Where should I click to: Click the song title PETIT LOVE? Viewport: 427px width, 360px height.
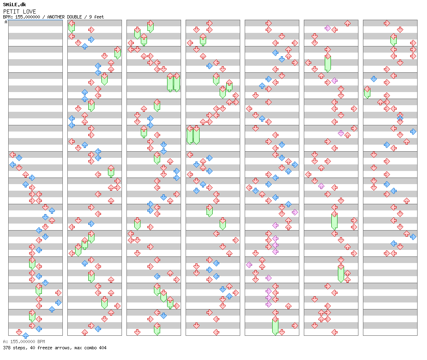[x=19, y=12]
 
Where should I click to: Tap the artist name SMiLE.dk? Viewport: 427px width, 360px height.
[x=14, y=5]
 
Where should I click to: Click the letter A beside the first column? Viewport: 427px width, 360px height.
[x=6, y=22]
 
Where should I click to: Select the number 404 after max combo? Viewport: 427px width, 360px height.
[x=102, y=348]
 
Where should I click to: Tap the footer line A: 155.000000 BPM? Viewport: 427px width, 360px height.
[x=24, y=342]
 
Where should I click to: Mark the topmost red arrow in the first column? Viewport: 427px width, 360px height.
[x=12, y=155]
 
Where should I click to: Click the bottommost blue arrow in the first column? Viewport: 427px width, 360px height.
[x=25, y=335]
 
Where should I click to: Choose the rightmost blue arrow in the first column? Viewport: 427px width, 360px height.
[x=58, y=302]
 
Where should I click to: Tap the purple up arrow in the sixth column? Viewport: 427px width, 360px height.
[x=321, y=186]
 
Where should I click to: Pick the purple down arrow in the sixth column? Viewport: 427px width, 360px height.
[x=341, y=133]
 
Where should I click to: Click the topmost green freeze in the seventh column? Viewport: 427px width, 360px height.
[x=393, y=40]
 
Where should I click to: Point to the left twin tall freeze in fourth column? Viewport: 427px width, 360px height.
[x=190, y=135]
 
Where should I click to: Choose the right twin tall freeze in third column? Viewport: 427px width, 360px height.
[x=177, y=82]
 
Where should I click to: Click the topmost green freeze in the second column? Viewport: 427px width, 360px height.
[x=71, y=27]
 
